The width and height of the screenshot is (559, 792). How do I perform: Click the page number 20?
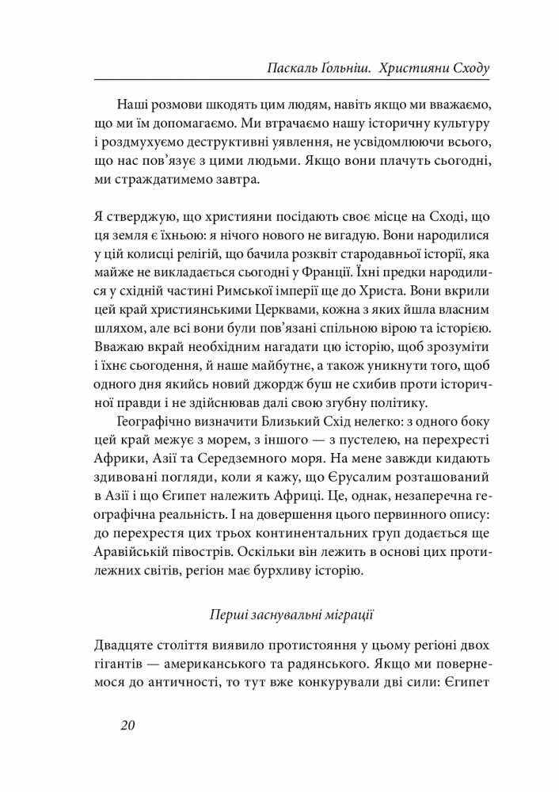tap(127, 727)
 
